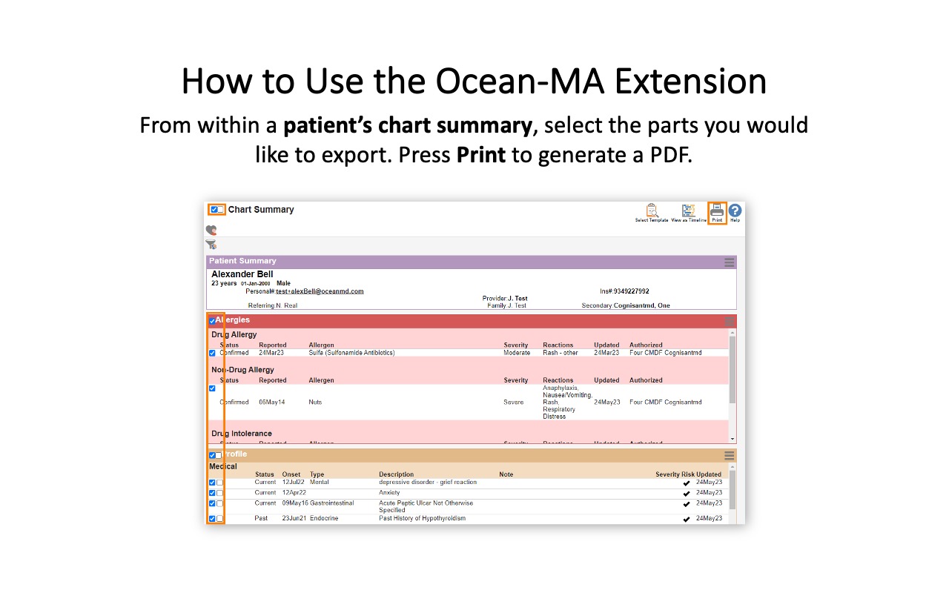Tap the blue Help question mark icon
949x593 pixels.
[x=735, y=211]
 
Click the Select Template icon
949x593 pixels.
[x=652, y=211]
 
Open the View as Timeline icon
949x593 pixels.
[x=689, y=211]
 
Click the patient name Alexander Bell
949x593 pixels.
[x=242, y=274]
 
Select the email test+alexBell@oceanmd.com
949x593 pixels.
[x=320, y=291]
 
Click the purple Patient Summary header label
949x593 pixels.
[x=242, y=261]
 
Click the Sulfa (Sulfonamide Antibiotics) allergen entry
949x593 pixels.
[x=351, y=353]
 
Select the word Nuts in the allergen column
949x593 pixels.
[x=316, y=402]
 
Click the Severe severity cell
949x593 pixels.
[x=514, y=402]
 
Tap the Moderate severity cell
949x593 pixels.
[x=517, y=353]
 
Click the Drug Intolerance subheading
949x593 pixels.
[x=242, y=434]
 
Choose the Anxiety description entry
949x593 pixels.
[x=389, y=493]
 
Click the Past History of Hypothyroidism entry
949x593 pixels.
[x=422, y=519]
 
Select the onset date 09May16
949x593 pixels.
[x=294, y=503]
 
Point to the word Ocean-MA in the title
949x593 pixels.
[x=520, y=82]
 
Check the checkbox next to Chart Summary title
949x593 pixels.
[x=214, y=210]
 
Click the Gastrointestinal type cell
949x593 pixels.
[x=331, y=503]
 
